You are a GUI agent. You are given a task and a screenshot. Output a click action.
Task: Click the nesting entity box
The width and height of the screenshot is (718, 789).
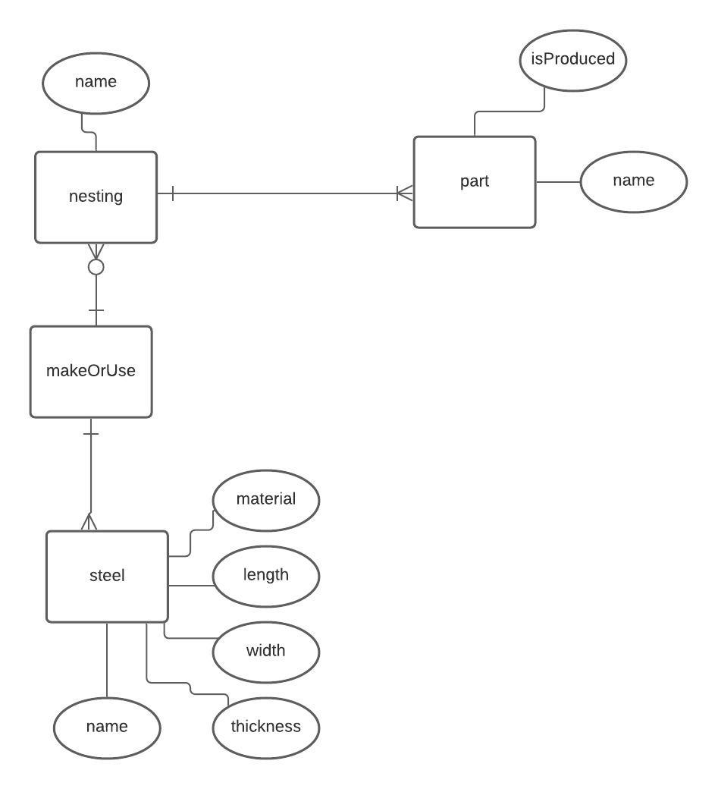click(x=96, y=197)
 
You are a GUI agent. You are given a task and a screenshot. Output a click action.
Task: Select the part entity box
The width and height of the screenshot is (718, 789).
click(x=475, y=182)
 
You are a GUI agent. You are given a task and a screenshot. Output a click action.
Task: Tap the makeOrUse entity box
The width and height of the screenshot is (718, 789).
click(x=91, y=372)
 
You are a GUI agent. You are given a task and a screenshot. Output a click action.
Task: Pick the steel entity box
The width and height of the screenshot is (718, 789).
click(x=107, y=577)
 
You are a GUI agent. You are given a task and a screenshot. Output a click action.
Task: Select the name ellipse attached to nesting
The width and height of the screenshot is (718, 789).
click(x=96, y=83)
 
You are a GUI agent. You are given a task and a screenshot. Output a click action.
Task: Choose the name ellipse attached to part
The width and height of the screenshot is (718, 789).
click(x=633, y=181)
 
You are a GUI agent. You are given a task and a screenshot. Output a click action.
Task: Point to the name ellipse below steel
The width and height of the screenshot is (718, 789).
click(x=107, y=728)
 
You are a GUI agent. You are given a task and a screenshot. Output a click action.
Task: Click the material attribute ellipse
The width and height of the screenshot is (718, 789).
click(x=266, y=500)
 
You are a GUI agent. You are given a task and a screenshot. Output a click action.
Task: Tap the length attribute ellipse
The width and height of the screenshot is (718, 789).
click(x=266, y=576)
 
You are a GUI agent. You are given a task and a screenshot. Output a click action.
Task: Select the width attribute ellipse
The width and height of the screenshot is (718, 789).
click(x=266, y=652)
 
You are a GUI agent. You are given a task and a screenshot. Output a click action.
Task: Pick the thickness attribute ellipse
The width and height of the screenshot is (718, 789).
click(x=266, y=728)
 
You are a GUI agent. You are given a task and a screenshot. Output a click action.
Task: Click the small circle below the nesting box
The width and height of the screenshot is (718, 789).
click(x=96, y=266)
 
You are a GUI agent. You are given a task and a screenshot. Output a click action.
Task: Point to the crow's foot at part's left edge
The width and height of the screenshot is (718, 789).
click(x=405, y=193)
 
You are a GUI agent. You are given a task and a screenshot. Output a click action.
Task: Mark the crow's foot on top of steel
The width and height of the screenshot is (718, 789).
click(x=91, y=523)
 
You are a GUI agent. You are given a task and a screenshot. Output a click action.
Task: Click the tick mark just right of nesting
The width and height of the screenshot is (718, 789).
click(x=173, y=193)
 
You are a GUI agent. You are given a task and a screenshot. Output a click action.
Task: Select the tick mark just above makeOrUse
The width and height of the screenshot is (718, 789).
click(x=96, y=311)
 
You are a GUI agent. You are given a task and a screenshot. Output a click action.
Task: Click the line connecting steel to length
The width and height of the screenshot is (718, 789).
click(x=190, y=586)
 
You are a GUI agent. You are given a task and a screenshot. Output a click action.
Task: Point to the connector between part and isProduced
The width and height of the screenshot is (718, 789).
click(x=509, y=112)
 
